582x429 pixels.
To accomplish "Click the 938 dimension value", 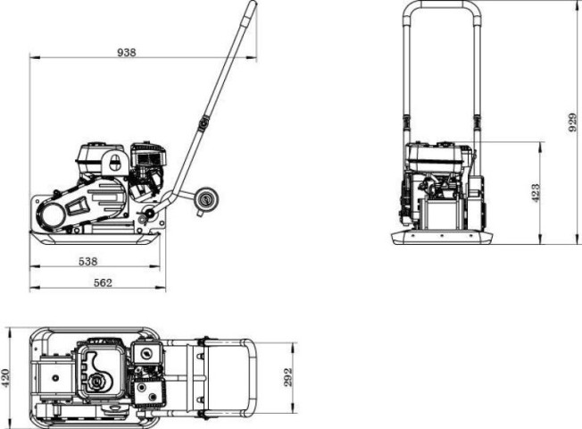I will point(126,53).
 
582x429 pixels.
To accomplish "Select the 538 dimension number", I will point(87,261).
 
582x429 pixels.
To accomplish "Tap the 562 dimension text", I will point(103,282).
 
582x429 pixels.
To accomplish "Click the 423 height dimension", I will point(535,192).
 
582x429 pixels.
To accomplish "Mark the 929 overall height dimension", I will point(573,122).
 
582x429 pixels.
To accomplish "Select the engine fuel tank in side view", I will point(100,157).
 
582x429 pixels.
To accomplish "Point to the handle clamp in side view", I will point(204,122).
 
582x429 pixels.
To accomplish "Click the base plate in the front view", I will point(443,237).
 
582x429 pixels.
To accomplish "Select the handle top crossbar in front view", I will point(443,4).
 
